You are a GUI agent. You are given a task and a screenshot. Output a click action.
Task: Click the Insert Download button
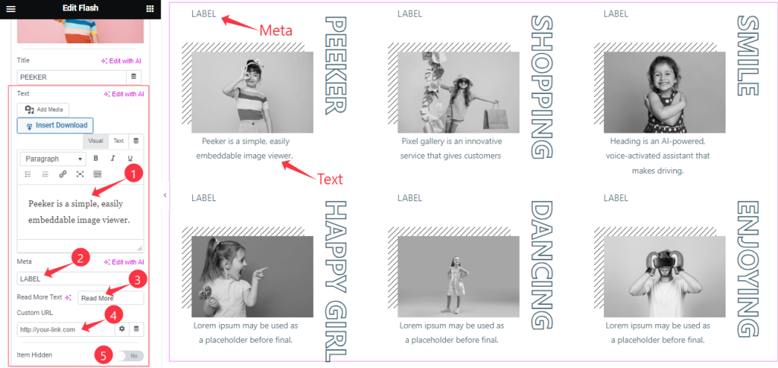pos(55,125)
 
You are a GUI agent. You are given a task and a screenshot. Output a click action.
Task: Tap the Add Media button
pos(43,109)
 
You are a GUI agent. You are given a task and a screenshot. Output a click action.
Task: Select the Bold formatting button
pos(96,159)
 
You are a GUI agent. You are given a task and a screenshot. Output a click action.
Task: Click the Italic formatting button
pos(112,159)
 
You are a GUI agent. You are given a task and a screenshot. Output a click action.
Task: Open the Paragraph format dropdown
pos(52,159)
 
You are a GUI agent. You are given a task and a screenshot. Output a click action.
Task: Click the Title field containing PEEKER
pos(72,77)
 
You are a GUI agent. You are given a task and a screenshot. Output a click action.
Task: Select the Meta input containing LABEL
pos(72,279)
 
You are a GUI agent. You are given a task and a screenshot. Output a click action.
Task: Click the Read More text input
pos(111,298)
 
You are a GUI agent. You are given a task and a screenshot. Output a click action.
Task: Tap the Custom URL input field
pos(66,329)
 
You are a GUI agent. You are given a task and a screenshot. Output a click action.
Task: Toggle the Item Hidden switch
pos(129,356)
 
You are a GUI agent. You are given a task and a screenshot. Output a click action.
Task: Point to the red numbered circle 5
pos(103,355)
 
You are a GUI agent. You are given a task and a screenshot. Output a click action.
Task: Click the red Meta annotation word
pos(276,30)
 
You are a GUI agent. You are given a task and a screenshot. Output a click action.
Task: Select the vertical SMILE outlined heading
pos(748,55)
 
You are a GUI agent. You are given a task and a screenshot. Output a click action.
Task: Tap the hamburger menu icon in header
pos(11,9)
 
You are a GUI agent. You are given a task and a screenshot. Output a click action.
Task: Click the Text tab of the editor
pos(118,141)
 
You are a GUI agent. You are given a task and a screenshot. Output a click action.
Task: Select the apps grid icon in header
pos(150,9)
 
